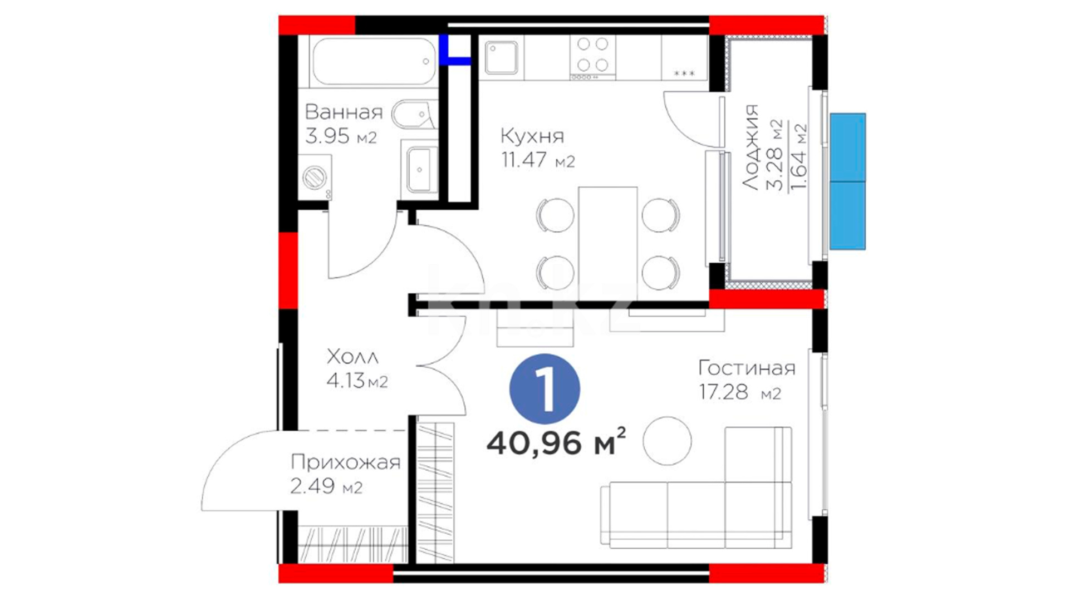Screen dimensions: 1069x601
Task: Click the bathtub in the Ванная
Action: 374,61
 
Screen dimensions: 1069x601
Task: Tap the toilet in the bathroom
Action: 414,115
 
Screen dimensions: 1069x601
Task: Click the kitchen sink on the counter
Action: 501,58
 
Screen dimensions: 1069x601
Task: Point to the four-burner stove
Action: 592,57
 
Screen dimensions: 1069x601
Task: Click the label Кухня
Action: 532,136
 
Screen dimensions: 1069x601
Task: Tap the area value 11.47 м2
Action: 537,161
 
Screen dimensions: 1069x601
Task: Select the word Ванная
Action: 344,112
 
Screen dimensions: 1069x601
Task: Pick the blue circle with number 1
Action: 545,389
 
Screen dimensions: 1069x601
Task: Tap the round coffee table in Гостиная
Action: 667,441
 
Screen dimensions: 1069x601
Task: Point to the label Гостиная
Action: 747,368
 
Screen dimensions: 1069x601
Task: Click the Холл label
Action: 352,356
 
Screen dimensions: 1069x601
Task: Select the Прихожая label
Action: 345,462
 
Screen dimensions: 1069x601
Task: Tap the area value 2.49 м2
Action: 326,486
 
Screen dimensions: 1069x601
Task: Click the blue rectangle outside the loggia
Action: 847,181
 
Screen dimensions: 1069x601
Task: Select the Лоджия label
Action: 751,147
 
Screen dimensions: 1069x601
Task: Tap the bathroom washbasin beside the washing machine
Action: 419,169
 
